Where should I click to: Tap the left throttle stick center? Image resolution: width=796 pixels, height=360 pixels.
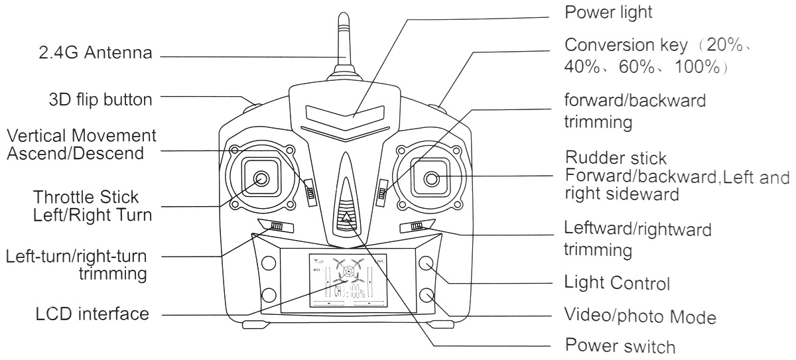pos(261,178)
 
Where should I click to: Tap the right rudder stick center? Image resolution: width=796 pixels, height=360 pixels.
pos(431,178)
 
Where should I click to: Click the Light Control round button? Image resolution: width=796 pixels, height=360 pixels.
pos(427,263)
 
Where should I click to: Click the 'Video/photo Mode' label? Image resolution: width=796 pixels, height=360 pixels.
pos(639,314)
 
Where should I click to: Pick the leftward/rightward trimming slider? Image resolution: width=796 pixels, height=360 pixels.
pos(417,227)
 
